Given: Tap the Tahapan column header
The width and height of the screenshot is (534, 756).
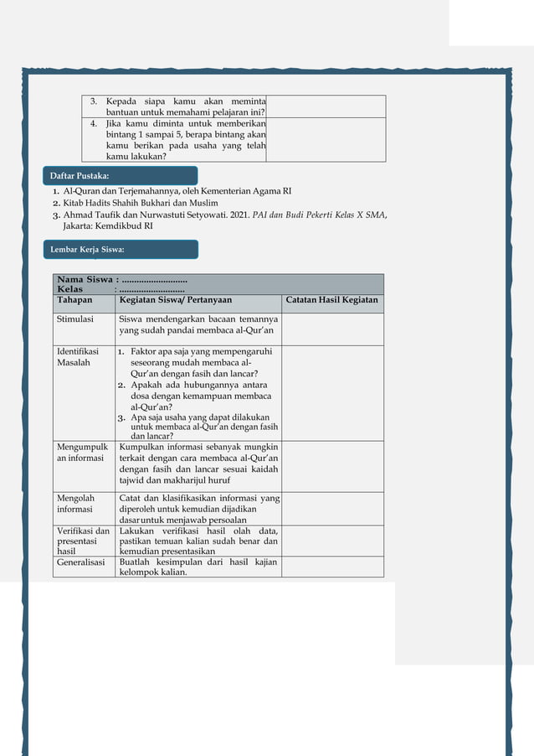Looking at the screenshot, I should pos(74,299).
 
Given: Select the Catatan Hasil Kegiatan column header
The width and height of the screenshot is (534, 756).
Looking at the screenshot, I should pos(332,299).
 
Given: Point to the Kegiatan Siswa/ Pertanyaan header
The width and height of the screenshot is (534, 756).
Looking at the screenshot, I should pos(176,299).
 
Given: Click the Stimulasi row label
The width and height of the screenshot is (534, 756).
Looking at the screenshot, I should pos(75,318).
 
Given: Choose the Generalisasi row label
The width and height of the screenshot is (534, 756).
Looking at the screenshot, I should pos(80,562).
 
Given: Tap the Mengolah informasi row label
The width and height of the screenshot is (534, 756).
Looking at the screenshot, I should pos(75,503).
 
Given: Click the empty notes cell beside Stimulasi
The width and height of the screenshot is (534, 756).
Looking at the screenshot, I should pos(332,329).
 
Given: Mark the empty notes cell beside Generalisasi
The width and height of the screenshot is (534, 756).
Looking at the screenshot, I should pos(332,567).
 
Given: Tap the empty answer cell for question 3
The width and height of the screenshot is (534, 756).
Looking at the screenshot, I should pos(326,106).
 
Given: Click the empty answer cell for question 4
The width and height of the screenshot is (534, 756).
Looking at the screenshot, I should pos(326,139).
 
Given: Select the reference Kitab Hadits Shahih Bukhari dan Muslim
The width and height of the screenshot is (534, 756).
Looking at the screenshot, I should pos(141,203).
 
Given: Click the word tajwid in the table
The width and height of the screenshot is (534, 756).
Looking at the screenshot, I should pos(133,480).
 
